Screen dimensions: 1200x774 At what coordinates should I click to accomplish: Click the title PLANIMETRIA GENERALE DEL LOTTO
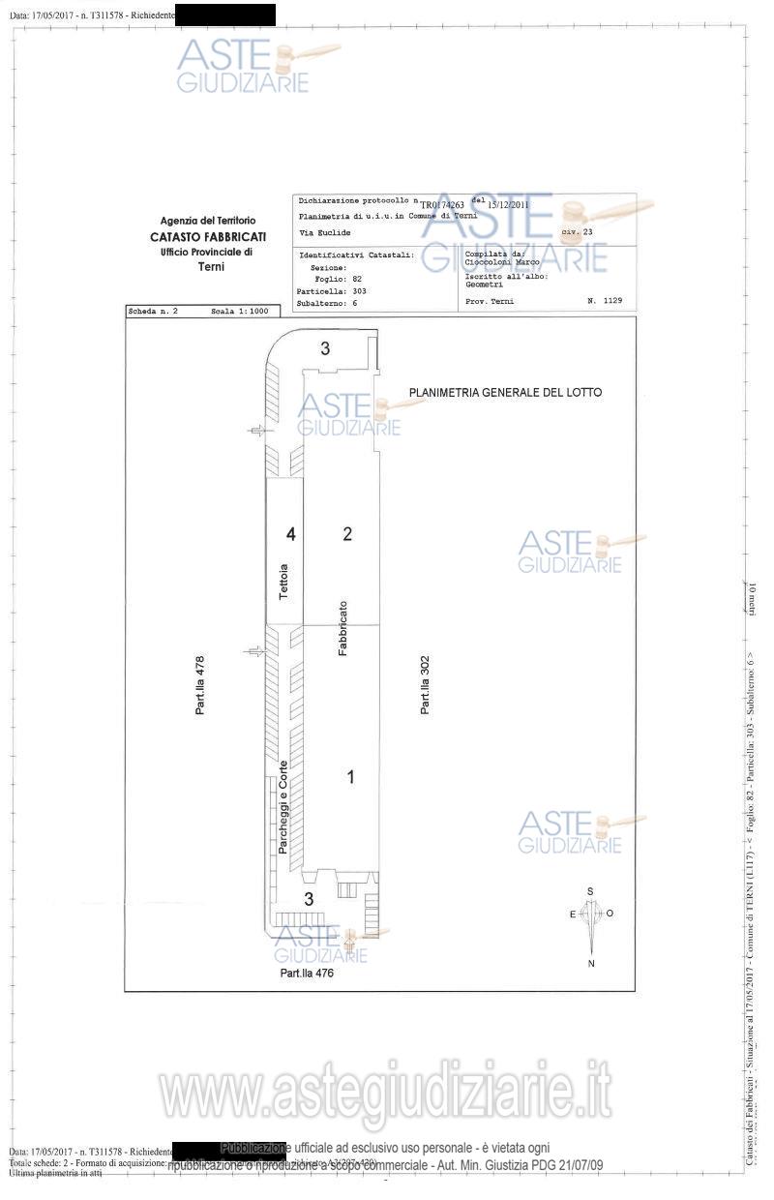coord(505,393)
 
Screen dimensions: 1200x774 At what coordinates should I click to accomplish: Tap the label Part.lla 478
coord(200,685)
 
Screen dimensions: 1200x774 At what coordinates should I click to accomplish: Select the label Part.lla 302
coord(425,685)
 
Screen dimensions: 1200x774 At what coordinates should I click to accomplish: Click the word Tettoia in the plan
coord(283,582)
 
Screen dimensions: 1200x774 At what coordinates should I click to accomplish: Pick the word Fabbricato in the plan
coord(342,629)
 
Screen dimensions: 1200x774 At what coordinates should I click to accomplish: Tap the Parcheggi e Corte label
coord(283,806)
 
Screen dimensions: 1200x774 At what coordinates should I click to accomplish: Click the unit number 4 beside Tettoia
coord(289,533)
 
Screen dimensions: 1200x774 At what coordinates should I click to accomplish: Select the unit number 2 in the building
coord(347,533)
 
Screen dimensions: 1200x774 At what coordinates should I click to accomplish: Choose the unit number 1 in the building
coord(351,776)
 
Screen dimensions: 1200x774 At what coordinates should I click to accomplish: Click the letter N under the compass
coord(590,964)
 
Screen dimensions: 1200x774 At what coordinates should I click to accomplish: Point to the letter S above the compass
coord(590,891)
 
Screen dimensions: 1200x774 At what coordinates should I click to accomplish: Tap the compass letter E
coord(572,914)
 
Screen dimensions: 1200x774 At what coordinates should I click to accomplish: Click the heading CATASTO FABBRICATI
coord(208,236)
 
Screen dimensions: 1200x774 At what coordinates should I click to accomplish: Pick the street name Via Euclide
coord(325,233)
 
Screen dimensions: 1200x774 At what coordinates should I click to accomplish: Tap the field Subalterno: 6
coord(327,303)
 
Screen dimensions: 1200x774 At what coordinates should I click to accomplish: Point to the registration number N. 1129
coord(605,301)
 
